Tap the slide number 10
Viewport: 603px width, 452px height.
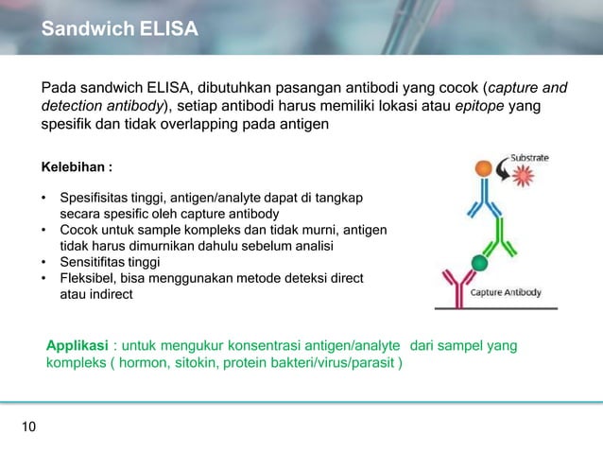pyautogui.click(x=28, y=428)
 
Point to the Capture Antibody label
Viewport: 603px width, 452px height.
pyautogui.click(x=507, y=293)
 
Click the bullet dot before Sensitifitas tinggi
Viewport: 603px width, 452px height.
pyautogui.click(x=43, y=261)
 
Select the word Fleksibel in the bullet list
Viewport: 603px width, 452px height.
pyautogui.click(x=88, y=277)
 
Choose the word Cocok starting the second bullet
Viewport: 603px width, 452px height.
pyautogui.click(x=79, y=230)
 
